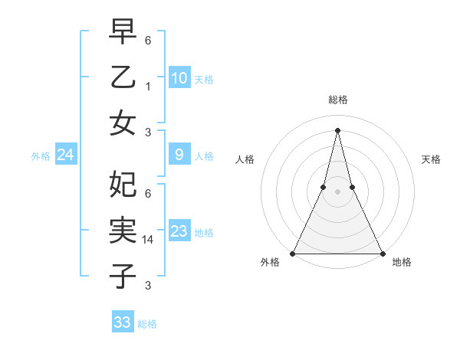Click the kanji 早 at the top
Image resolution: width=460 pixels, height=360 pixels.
[x=123, y=31]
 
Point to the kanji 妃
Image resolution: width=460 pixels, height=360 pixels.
[x=123, y=183]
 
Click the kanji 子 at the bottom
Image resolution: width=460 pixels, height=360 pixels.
[x=123, y=275]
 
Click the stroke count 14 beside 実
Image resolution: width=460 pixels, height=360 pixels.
[x=149, y=239]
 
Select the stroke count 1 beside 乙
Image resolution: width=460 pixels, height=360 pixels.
[x=148, y=87]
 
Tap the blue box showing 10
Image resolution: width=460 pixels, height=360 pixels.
[x=179, y=78]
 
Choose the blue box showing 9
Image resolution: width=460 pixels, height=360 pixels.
[x=179, y=155]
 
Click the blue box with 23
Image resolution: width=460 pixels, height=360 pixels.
[x=179, y=232]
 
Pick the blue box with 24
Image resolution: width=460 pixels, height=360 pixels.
[x=65, y=155]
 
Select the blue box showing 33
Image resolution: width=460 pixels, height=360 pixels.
[x=122, y=322]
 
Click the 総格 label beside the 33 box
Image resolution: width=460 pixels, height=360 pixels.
[x=147, y=324]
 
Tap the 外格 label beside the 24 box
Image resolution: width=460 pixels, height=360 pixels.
[x=41, y=156]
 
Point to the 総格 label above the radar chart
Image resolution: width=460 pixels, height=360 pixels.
[x=337, y=100]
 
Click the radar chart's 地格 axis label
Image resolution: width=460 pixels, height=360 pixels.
[x=402, y=263]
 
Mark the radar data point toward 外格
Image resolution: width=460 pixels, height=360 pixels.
[x=293, y=254]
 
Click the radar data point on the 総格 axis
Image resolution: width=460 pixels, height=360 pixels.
[x=337, y=130]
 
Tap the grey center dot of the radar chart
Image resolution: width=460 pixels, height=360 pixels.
[x=337, y=191]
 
